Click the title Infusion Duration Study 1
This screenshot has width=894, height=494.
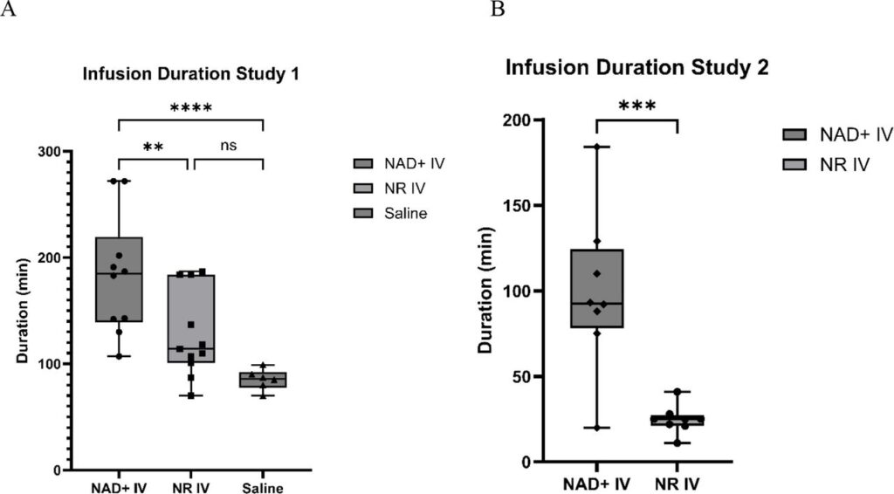pyautogui.click(x=190, y=74)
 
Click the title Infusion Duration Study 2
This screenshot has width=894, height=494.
pyautogui.click(x=637, y=68)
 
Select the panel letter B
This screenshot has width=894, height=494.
pyautogui.click(x=498, y=10)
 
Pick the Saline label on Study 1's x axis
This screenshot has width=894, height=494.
pyautogui.click(x=263, y=487)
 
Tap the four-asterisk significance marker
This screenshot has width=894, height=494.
pyautogui.click(x=191, y=109)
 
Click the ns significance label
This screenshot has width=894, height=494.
pyautogui.click(x=229, y=146)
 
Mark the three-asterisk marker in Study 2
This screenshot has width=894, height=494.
pyautogui.click(x=636, y=106)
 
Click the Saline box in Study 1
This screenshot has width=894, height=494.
pyautogui.click(x=263, y=380)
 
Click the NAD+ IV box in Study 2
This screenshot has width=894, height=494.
pyautogui.click(x=597, y=288)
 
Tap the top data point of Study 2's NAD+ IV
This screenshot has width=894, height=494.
pyautogui.click(x=597, y=147)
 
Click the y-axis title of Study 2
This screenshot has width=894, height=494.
pyautogui.click(x=487, y=291)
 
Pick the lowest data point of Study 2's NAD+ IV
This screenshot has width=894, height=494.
pyautogui.click(x=597, y=428)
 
